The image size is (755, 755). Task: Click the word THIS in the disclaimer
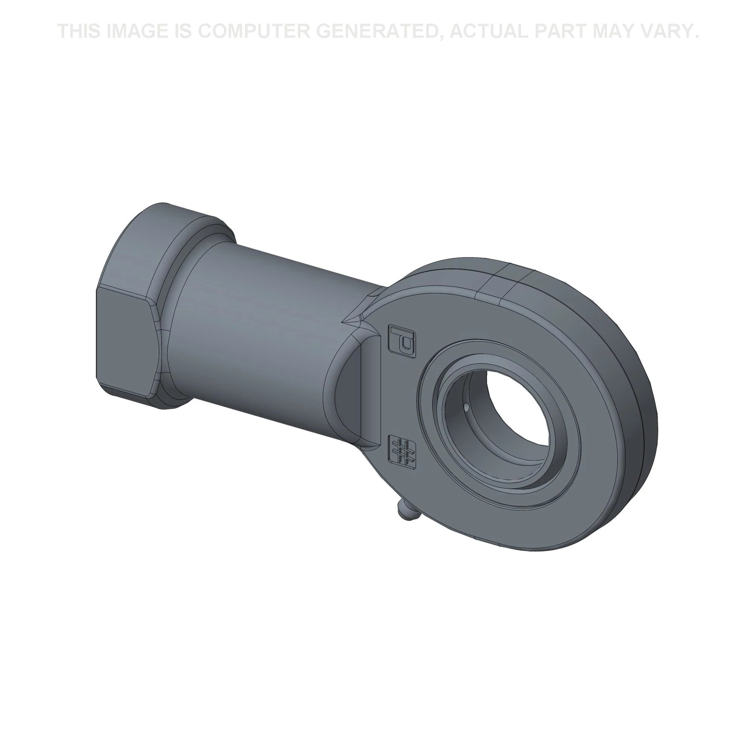(79, 31)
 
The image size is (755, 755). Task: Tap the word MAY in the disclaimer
(612, 31)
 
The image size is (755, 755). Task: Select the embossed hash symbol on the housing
(403, 451)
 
